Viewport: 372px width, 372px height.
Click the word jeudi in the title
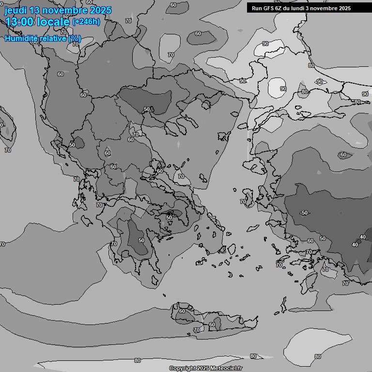click(x=15, y=11)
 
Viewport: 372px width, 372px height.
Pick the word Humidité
click(x=20, y=38)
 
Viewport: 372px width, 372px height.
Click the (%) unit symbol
click(x=75, y=38)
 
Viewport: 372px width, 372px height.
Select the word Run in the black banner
click(x=257, y=8)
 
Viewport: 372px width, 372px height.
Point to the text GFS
click(x=269, y=8)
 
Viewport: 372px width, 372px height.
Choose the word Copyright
click(x=183, y=369)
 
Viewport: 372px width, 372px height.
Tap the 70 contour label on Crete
click(x=196, y=330)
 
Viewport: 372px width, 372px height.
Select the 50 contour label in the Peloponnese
click(x=141, y=240)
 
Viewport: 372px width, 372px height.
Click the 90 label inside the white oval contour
click(x=283, y=89)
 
